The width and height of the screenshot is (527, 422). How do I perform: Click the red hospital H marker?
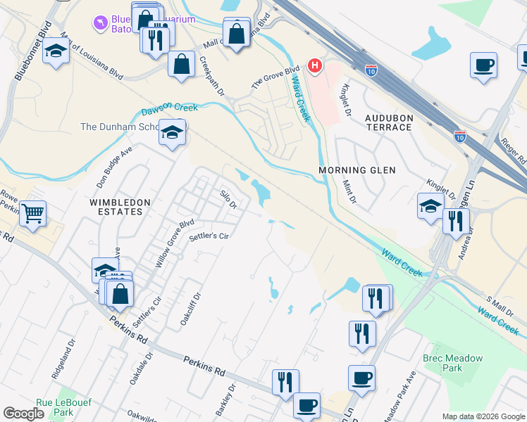click(315, 66)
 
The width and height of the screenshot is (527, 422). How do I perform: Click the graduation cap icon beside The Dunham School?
click(172, 132)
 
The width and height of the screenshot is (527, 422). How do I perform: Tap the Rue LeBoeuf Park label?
click(64, 407)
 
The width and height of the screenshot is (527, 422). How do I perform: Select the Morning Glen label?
click(357, 170)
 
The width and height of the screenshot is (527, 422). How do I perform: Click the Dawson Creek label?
click(169, 108)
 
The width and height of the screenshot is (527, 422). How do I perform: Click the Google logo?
click(23, 414)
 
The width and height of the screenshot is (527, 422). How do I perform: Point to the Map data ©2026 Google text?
click(483, 416)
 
